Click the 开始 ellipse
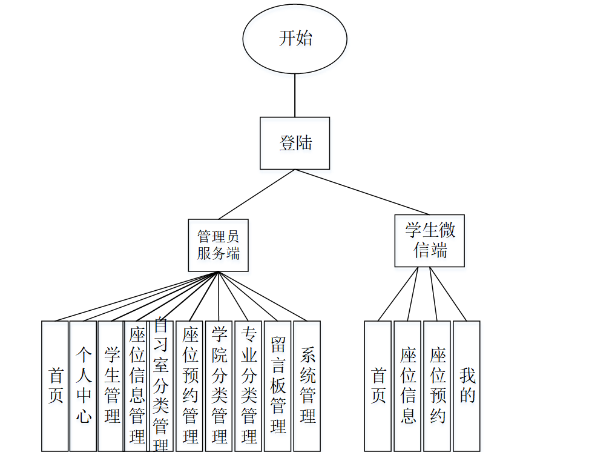coord(295,39)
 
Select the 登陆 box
coord(295,143)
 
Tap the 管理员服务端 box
coord(218,245)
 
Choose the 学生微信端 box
coord(430,240)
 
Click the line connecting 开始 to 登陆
coord(295,95)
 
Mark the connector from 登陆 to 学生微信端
coord(362,192)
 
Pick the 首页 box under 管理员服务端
coord(55,386)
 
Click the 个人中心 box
coord(83,386)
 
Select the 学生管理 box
coord(111,386)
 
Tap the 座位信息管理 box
coord(136,386)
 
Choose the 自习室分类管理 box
coord(160,386)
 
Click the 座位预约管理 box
coord(189,386)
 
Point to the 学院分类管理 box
coord(219,386)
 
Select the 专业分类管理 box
coord(248,386)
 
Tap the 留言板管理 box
coord(277,386)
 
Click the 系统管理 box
coord(307,386)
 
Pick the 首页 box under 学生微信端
coord(378,386)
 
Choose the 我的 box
coord(467,386)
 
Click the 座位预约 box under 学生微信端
coord(437,386)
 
